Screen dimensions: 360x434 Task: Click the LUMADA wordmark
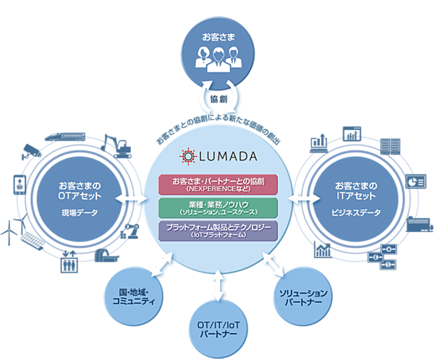[x=228, y=155]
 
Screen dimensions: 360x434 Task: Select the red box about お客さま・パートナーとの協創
[x=219, y=184]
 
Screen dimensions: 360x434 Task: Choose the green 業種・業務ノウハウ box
[x=219, y=208]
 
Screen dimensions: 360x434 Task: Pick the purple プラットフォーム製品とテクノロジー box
[x=219, y=231]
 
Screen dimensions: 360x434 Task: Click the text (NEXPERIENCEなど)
[x=219, y=188]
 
